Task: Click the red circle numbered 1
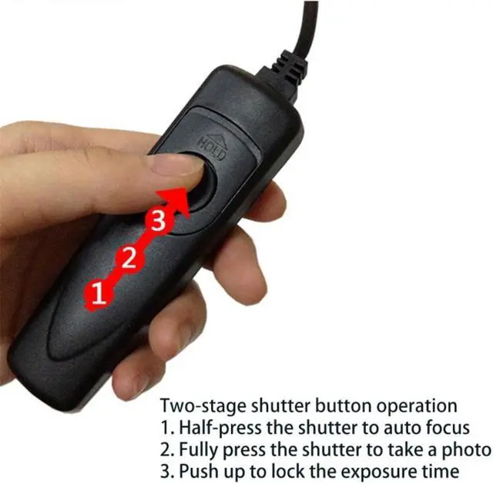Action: [97, 293]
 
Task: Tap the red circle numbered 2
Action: [129, 258]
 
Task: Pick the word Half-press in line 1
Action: [215, 428]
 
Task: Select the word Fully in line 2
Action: [196, 450]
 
